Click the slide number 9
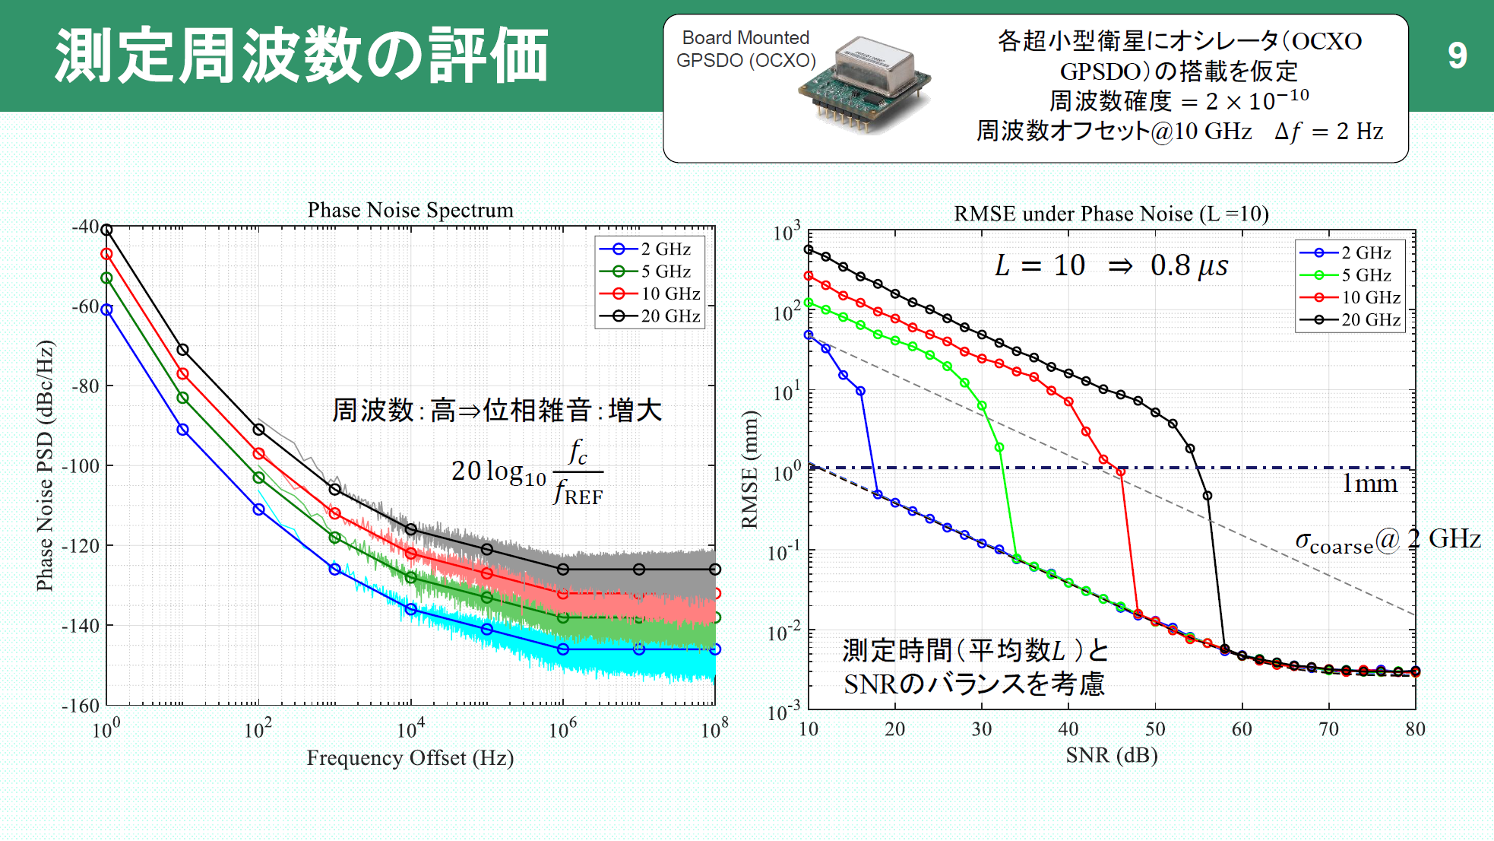coord(1456,56)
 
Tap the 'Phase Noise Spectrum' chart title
coord(410,210)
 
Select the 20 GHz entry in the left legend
coord(650,316)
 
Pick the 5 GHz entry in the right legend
coord(1350,275)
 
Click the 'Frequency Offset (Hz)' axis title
coord(410,758)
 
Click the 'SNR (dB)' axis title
coord(1111,755)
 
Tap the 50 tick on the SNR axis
coord(1155,729)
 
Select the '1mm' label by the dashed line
coord(1369,484)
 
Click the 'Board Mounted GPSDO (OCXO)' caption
coord(745,49)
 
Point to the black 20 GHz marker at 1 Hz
coord(106,230)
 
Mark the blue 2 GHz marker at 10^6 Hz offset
coord(563,649)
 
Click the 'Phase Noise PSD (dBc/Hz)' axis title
coord(45,465)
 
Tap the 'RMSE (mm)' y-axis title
coord(750,469)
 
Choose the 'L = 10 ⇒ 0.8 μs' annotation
coord(1111,265)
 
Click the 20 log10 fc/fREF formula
coord(527,472)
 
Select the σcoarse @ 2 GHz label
coord(1387,541)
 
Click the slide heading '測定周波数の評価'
coord(302,56)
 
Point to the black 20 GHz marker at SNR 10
coord(809,249)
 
